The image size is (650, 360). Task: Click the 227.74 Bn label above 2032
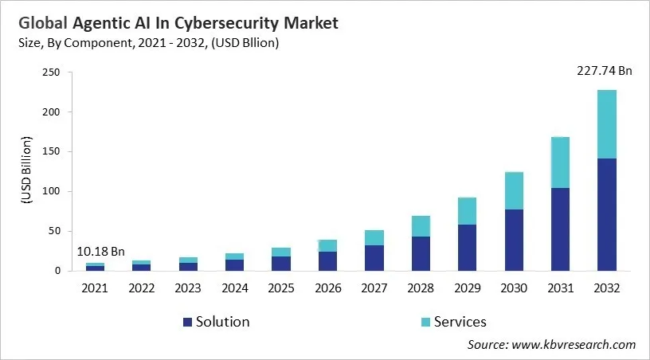click(604, 71)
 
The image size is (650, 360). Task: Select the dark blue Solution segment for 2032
click(607, 214)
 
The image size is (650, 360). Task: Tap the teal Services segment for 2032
click(607, 124)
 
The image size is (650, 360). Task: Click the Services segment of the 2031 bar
click(559, 162)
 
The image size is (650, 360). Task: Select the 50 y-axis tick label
click(53, 231)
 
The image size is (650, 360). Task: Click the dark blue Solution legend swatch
click(187, 323)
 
